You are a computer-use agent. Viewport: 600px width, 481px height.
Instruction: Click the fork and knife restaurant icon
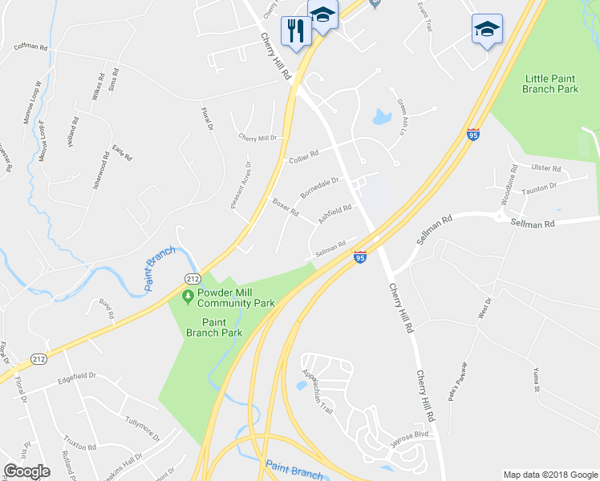pyautogui.click(x=295, y=31)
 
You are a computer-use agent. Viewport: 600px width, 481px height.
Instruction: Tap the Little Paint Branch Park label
pyautogui.click(x=551, y=83)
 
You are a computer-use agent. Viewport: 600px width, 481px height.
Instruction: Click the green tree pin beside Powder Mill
pyautogui.click(x=188, y=297)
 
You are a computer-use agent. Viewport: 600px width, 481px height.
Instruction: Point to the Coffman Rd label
pyautogui.click(x=30, y=47)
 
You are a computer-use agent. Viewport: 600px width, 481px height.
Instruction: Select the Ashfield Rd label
pyautogui.click(x=334, y=213)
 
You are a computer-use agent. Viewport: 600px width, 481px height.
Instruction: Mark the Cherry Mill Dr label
pyautogui.click(x=257, y=138)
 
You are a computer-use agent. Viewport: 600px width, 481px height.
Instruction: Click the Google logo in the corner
pyautogui.click(x=27, y=471)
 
